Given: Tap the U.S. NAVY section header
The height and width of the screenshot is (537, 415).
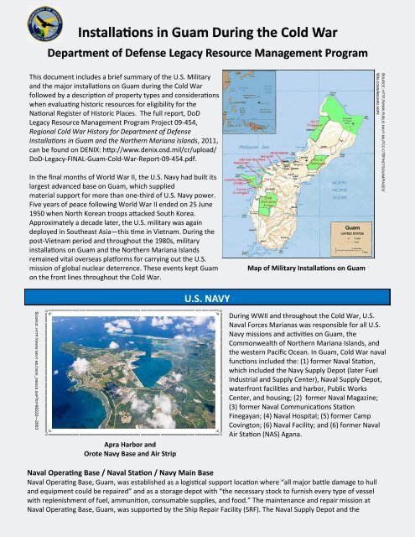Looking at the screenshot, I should click(207, 273).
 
